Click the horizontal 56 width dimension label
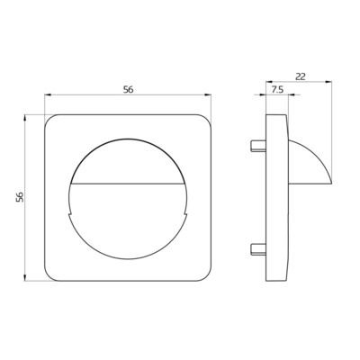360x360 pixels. (128, 89)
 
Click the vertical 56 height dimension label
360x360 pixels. (20, 197)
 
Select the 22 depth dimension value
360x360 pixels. (300, 76)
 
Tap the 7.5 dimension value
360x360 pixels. (277, 90)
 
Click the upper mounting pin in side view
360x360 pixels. (258, 146)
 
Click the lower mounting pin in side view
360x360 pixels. (258, 249)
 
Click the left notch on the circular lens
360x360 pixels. (71, 214)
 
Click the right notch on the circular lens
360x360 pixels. (185, 214)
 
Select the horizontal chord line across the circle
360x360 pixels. (128, 183)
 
